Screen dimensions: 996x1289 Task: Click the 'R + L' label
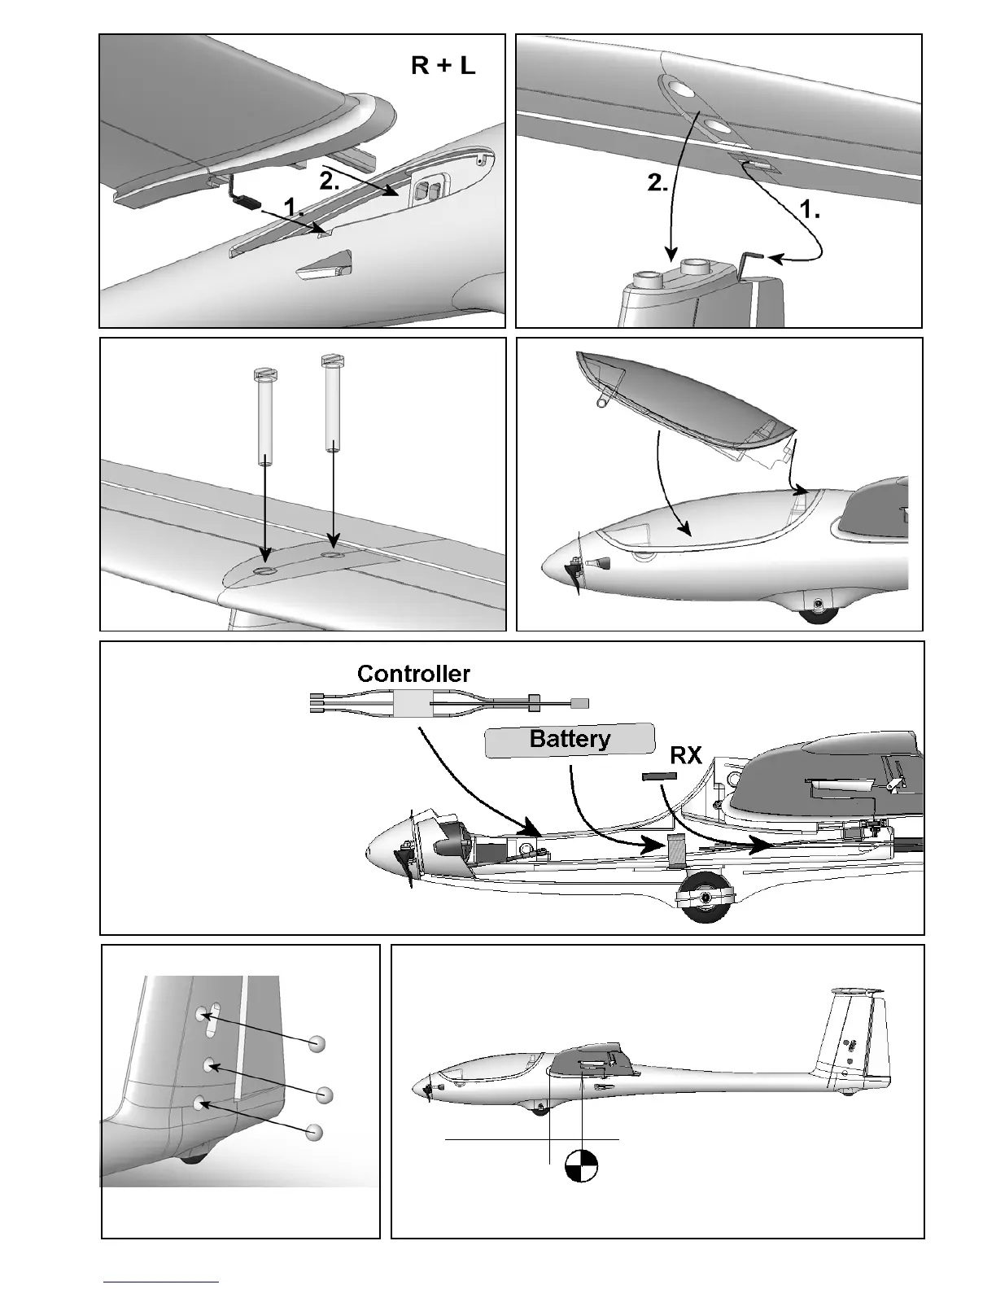[x=443, y=65]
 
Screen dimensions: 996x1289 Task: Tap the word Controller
[x=413, y=674]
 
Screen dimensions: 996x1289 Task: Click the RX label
[x=685, y=756]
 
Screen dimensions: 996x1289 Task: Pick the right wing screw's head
[x=330, y=358]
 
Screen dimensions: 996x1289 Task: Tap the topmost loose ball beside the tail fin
[x=317, y=1043]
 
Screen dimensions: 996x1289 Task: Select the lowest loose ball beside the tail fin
[x=315, y=1132]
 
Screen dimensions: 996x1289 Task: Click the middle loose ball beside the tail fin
[x=325, y=1095]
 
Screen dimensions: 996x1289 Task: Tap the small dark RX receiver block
[x=659, y=776]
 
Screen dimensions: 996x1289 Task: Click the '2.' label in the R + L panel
[x=330, y=181]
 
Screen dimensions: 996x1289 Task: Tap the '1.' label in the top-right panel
[x=810, y=210]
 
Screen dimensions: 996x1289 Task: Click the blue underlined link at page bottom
[x=161, y=1282]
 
